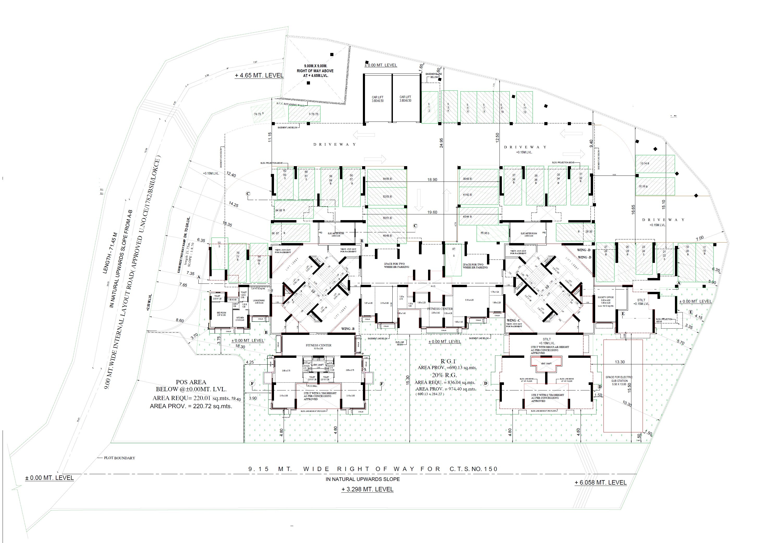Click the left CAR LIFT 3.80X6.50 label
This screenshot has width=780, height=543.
[x=377, y=99]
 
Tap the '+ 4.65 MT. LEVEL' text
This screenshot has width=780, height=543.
[x=259, y=75]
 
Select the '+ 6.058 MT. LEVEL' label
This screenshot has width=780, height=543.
[x=600, y=482]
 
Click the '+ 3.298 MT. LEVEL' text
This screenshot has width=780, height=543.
[x=367, y=489]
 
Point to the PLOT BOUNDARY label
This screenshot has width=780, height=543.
[x=119, y=458]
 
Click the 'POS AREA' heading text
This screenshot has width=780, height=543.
[x=191, y=382]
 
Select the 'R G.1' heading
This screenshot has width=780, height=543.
[x=448, y=361]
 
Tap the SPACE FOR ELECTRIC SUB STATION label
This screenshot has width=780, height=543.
[x=619, y=381]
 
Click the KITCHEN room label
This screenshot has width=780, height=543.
[x=240, y=319]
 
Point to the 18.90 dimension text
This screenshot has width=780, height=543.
[x=432, y=180]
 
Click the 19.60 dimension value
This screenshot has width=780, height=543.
[x=432, y=212]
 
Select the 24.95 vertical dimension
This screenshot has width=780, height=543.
[x=441, y=143]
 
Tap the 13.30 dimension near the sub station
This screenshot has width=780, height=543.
[x=620, y=362]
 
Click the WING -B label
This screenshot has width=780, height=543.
[x=348, y=329]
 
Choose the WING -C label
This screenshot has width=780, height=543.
[x=513, y=321]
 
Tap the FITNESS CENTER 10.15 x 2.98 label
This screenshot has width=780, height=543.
[x=318, y=346]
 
